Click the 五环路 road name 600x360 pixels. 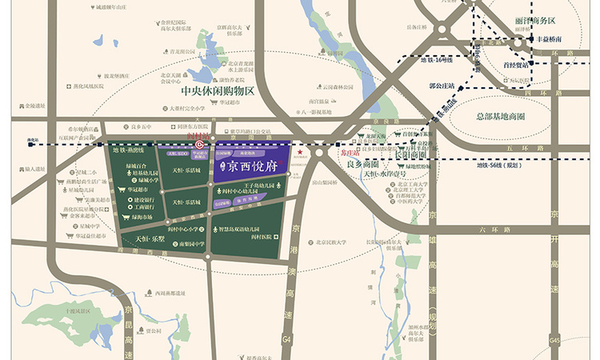(518, 149)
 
